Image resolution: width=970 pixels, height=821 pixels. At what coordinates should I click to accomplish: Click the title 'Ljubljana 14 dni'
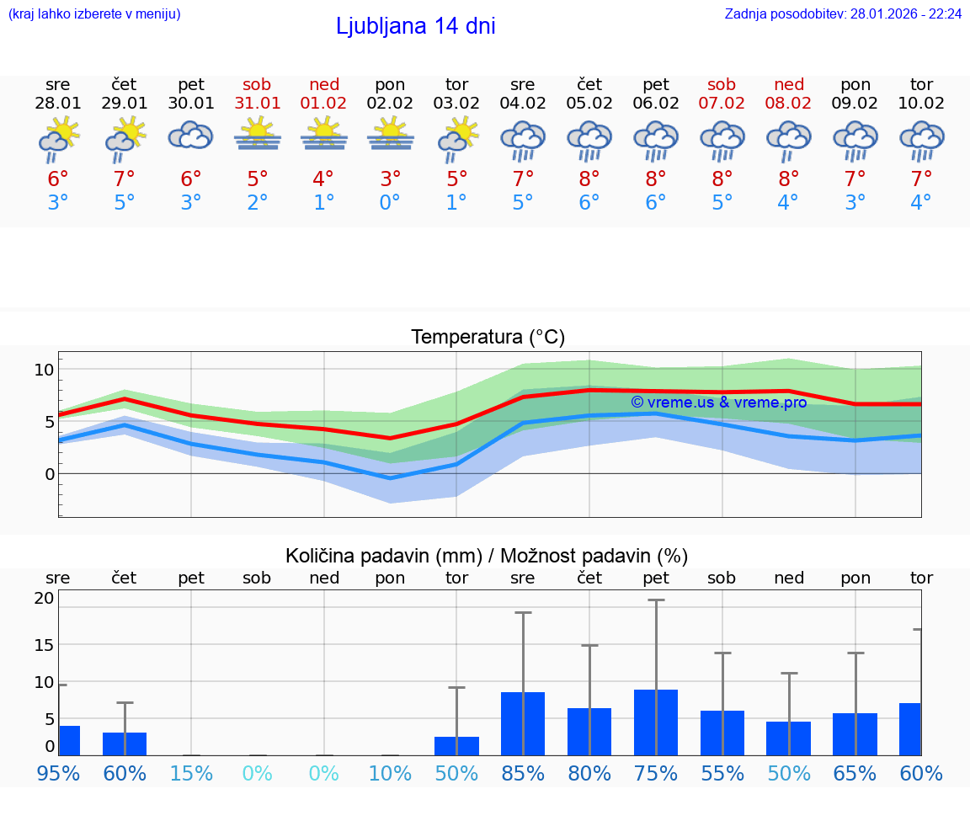tap(415, 26)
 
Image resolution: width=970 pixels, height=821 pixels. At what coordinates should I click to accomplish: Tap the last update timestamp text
tap(843, 13)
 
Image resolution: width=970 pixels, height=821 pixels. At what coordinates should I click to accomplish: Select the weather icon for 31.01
tap(258, 135)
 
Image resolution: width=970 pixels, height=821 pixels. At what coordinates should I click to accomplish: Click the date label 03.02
tap(456, 104)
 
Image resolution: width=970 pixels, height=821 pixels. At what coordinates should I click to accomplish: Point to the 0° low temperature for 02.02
tap(390, 203)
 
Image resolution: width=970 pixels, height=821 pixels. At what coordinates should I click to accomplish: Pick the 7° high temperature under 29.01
tap(125, 179)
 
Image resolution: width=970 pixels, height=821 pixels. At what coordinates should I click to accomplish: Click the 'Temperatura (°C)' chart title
tap(488, 338)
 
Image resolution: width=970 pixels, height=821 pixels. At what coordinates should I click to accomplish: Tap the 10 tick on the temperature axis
tap(44, 370)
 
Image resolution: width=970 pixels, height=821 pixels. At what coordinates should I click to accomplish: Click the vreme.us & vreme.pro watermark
tap(718, 403)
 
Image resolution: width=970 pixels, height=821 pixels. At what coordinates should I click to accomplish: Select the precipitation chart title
tap(487, 556)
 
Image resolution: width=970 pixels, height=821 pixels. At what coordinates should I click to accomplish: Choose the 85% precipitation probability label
tap(523, 774)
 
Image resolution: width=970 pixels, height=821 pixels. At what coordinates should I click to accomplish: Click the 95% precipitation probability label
tap(58, 774)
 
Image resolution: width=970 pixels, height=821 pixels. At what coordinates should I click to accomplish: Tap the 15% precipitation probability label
tap(191, 774)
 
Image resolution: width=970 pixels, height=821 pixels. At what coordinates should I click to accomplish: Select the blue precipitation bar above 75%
tap(656, 722)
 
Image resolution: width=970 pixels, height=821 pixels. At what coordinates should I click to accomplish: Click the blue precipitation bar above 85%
tap(523, 723)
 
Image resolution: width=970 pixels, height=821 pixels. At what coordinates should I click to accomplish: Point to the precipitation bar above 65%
tap(855, 734)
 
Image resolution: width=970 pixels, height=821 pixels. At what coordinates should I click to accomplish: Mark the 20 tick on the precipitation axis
tap(44, 599)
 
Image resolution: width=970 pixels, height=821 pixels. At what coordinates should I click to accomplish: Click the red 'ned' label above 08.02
tap(789, 84)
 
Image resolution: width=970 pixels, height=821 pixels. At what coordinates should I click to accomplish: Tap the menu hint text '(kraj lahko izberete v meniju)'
tap(94, 13)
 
